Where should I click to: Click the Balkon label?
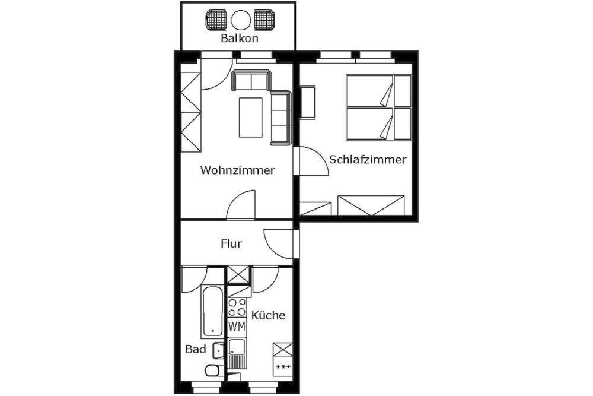240,38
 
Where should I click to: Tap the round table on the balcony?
241,20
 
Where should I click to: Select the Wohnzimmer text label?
238,170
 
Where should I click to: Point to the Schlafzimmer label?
368,159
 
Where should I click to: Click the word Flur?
231,243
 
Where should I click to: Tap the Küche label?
269,315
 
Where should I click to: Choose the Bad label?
196,349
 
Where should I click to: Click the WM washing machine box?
237,327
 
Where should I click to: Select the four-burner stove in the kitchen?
237,308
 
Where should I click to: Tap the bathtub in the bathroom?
212,312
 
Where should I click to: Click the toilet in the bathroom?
213,370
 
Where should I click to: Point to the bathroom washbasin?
218,350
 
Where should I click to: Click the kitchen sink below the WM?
237,353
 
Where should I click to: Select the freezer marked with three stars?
283,366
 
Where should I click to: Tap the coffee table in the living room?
250,118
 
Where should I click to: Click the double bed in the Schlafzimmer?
378,107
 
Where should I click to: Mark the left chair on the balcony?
216,20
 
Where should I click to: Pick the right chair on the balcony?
264,20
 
